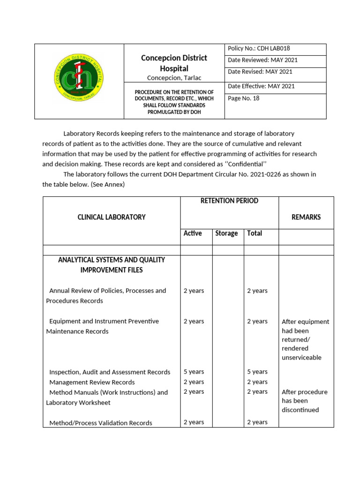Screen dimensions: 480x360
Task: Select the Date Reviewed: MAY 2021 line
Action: click(x=262, y=60)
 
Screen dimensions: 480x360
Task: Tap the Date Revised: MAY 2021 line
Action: click(x=260, y=72)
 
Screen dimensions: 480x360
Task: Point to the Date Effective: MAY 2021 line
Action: click(x=261, y=86)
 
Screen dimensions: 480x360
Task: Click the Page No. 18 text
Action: click(x=243, y=98)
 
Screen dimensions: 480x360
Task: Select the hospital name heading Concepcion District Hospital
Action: click(x=174, y=63)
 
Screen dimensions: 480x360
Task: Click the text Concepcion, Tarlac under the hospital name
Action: click(x=174, y=78)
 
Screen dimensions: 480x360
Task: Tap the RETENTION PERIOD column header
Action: click(x=229, y=201)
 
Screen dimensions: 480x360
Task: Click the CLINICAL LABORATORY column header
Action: click(x=112, y=217)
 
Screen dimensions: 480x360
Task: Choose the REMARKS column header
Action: click(x=306, y=217)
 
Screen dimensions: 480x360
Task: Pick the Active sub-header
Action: click(x=193, y=233)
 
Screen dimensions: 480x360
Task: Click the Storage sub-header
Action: click(x=226, y=233)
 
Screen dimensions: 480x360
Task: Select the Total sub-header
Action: click(x=255, y=233)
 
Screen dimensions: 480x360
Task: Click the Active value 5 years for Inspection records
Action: click(x=194, y=372)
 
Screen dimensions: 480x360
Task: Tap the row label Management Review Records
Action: click(x=92, y=382)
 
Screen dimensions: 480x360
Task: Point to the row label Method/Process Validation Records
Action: click(x=100, y=423)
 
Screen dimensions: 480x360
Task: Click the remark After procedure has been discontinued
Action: click(x=304, y=401)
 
